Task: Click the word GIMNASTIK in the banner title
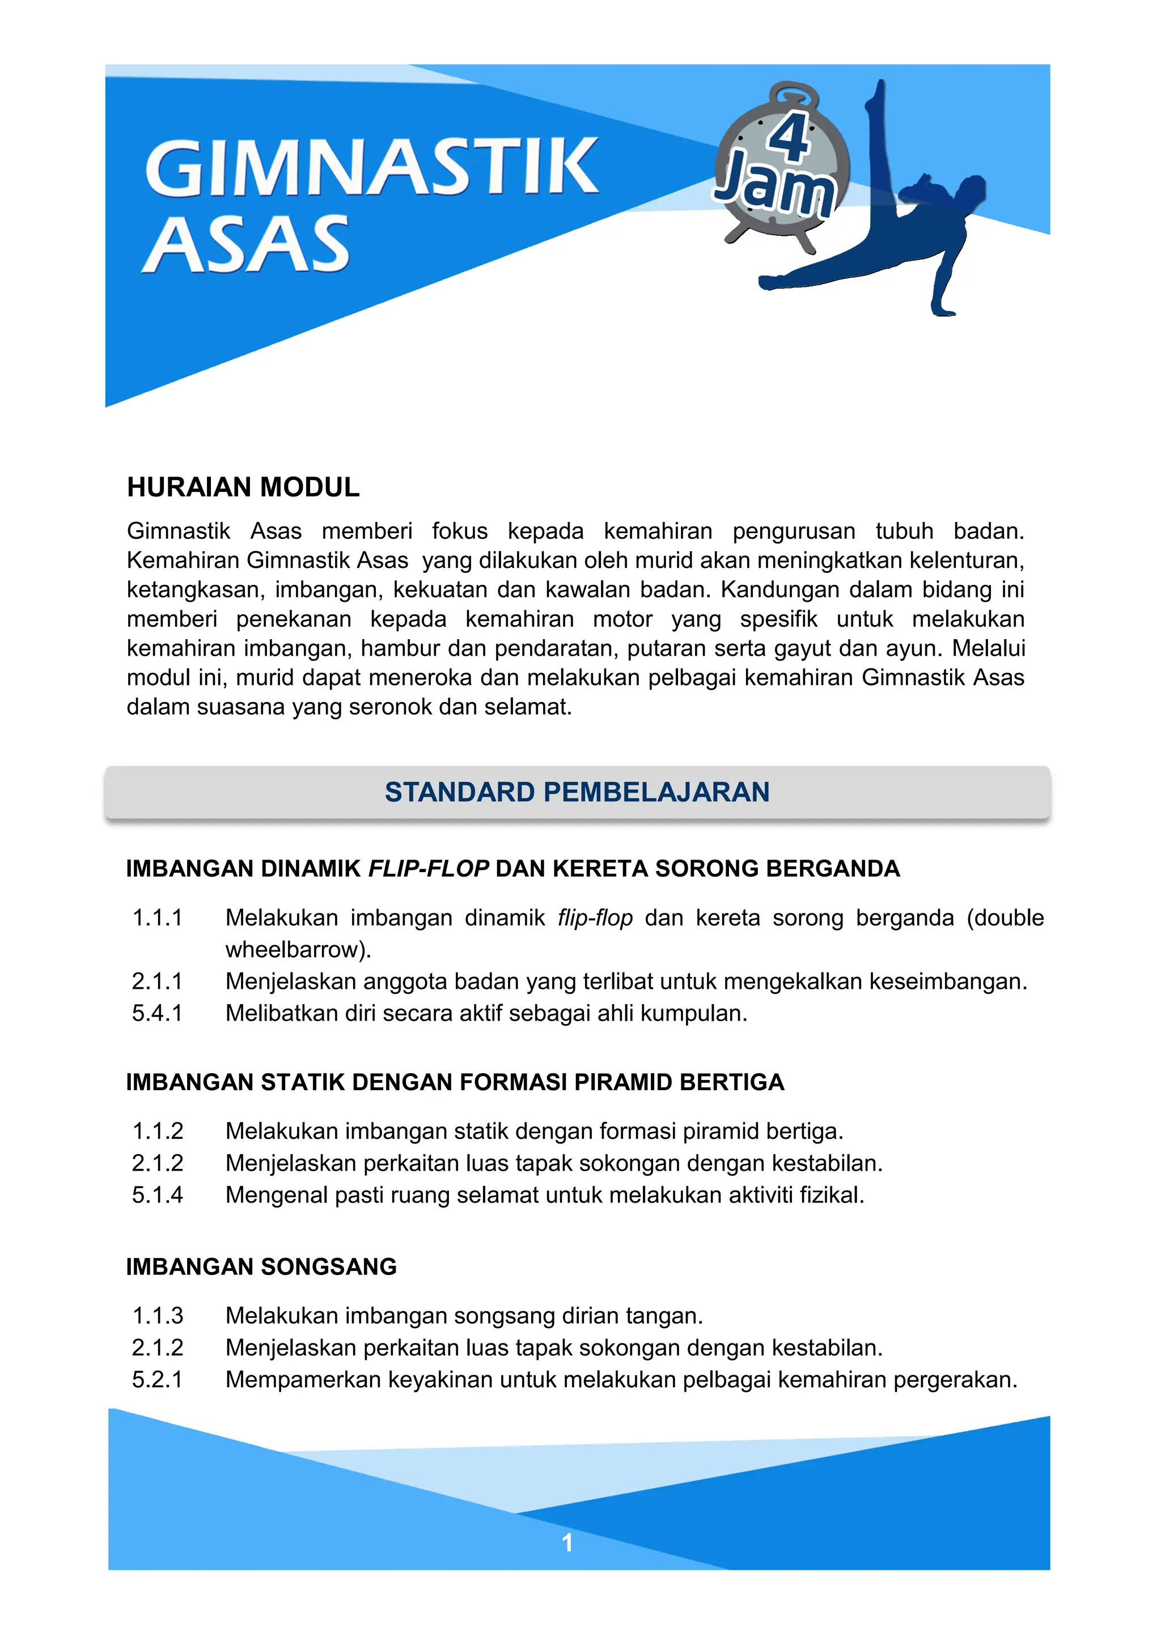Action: coord(372,168)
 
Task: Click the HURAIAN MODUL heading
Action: coord(243,487)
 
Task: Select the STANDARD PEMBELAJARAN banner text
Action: coord(577,792)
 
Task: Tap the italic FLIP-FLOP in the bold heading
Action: coord(428,869)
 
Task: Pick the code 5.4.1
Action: coord(157,1014)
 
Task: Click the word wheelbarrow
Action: coord(296,950)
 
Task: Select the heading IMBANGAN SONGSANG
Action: coord(261,1266)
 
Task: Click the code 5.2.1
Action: coord(157,1379)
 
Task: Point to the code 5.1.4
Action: coord(157,1195)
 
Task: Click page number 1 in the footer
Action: coord(567,1543)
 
